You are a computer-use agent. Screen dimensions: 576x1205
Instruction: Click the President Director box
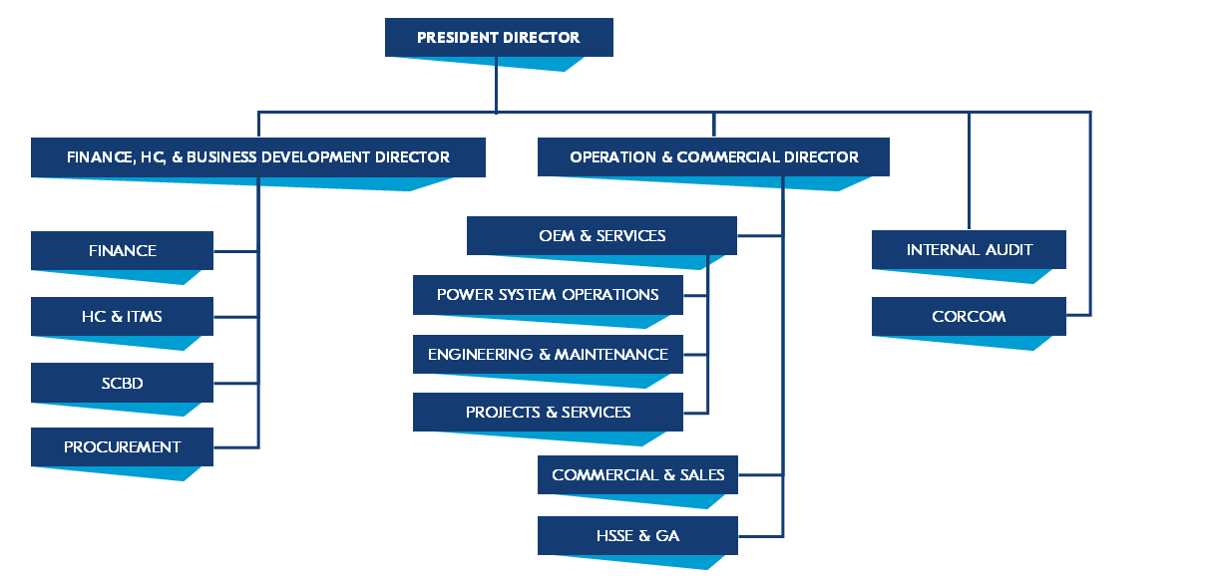click(499, 38)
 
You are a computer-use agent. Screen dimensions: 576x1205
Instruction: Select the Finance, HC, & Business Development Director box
click(257, 157)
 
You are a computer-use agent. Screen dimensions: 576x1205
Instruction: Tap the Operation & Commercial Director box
click(713, 157)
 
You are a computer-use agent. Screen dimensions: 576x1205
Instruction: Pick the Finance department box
click(122, 250)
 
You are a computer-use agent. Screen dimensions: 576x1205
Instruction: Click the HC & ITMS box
click(122, 316)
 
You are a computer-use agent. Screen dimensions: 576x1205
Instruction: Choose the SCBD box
click(122, 383)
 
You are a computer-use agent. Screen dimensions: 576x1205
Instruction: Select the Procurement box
click(122, 447)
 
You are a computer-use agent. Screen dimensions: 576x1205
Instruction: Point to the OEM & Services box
click(602, 236)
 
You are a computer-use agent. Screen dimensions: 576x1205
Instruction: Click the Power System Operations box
click(548, 295)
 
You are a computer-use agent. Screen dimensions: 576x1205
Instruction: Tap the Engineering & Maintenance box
click(548, 355)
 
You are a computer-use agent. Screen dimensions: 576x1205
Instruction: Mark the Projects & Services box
click(548, 413)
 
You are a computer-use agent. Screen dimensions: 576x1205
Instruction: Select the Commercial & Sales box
click(637, 475)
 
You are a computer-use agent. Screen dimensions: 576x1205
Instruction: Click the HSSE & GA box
click(637, 536)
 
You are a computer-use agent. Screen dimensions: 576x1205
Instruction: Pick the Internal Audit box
click(969, 250)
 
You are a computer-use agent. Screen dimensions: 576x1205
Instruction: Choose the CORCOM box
click(969, 317)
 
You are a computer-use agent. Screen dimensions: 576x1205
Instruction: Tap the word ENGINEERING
click(481, 355)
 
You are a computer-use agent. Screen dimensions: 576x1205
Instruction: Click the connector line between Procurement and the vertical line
click(236, 447)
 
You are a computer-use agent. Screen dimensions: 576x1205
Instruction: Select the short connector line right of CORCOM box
click(1078, 316)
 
